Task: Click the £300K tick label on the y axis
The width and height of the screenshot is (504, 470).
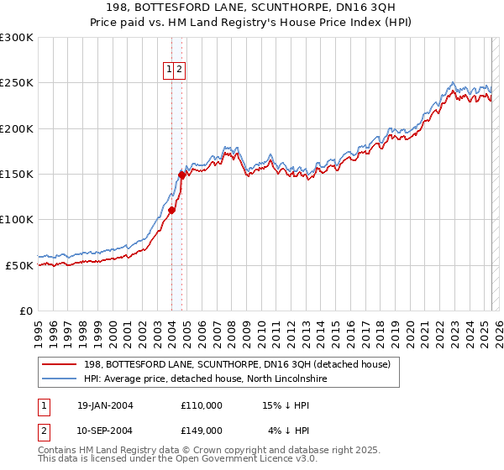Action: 17,38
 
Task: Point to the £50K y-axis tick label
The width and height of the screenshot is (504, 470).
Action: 19,265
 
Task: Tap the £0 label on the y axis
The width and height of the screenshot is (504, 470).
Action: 26,311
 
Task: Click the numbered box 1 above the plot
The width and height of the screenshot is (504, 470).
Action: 170,70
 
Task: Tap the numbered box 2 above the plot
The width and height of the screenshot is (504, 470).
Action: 180,70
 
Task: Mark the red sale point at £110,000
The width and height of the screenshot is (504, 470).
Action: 171,211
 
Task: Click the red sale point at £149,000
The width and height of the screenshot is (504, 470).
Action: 181,175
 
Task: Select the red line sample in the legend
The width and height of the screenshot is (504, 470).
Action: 60,365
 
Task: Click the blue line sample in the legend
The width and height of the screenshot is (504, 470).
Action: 60,379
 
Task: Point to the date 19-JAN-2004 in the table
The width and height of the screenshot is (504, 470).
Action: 105,405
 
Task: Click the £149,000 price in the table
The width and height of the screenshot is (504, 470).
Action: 202,431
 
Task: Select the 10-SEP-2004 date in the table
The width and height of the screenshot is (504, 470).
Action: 105,431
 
